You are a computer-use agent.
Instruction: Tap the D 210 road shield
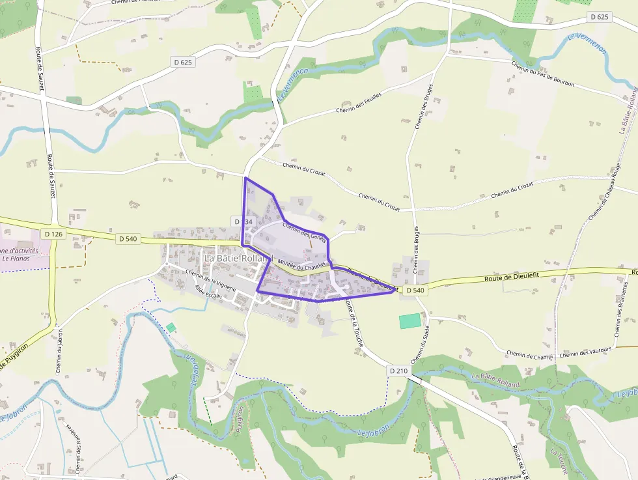click(398, 371)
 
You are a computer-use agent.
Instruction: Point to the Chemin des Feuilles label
click(358, 102)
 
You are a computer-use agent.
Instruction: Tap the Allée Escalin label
click(204, 294)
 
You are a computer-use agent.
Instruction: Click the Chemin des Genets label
click(304, 231)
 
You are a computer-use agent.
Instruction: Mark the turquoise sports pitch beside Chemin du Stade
click(409, 320)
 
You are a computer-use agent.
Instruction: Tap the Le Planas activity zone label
click(20, 254)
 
